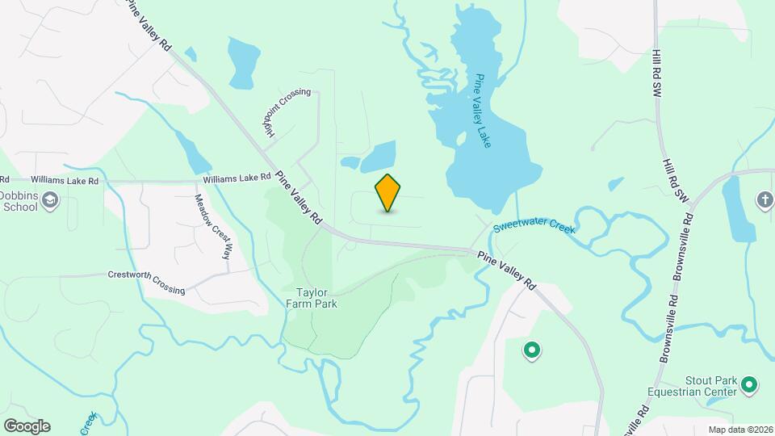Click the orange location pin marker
[x=388, y=193]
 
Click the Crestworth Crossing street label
[x=146, y=282]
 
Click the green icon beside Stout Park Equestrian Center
[x=750, y=386]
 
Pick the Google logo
[x=27, y=426]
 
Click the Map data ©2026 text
[x=739, y=430]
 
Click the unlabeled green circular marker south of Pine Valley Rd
[x=531, y=350]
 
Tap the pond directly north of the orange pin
[x=378, y=156]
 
